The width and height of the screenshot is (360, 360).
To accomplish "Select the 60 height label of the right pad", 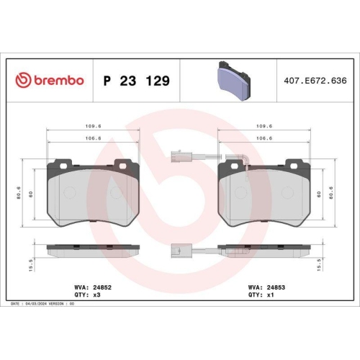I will click(x=318, y=194).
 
